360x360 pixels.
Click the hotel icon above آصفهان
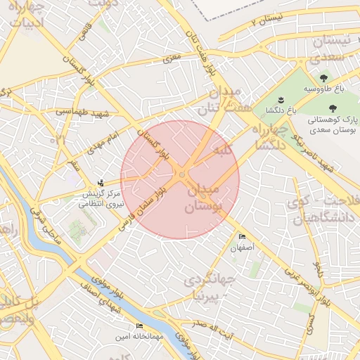coord(243,237)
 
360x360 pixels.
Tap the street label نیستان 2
coord(267,19)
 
